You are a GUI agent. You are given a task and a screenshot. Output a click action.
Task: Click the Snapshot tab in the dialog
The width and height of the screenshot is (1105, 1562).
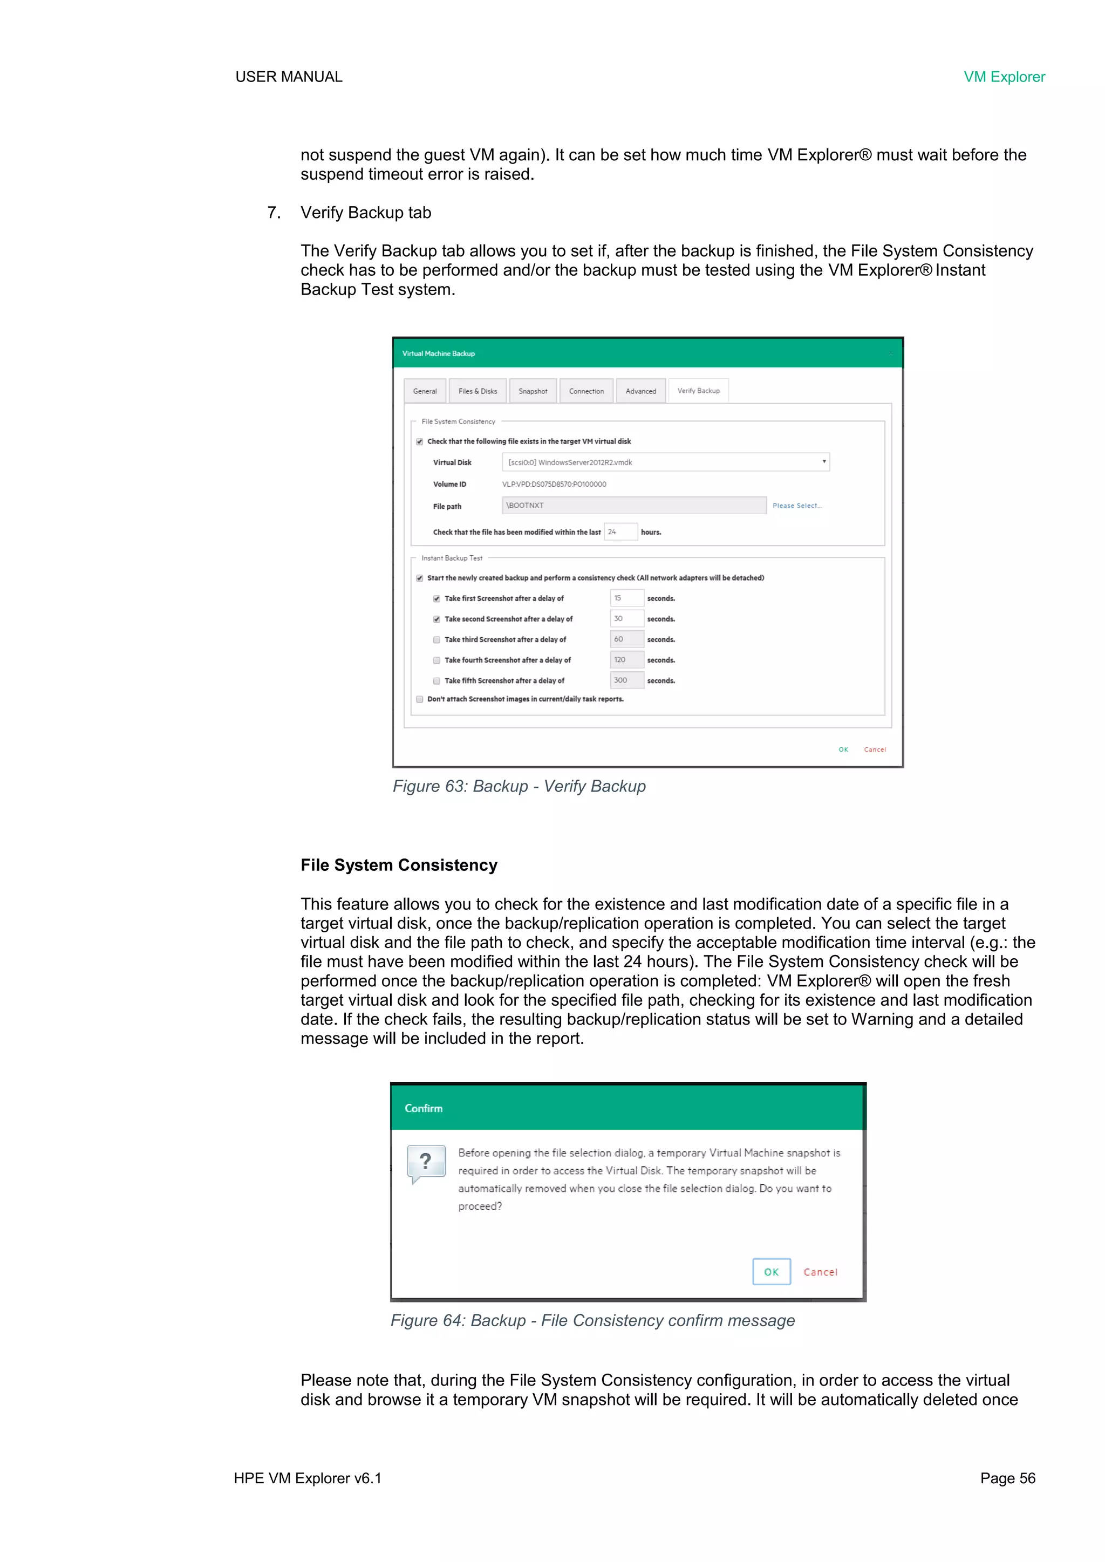[533, 391]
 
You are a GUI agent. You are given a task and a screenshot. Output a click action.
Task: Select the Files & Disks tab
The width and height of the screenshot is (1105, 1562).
[478, 391]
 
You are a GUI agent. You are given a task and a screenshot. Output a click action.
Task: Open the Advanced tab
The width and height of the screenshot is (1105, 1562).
[641, 391]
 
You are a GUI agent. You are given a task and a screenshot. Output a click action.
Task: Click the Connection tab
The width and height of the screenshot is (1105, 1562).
[586, 391]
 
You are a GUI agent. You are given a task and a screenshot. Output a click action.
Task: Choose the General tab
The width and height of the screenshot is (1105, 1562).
[425, 391]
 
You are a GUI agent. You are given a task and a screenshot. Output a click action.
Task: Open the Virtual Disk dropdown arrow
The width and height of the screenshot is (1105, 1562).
[824, 462]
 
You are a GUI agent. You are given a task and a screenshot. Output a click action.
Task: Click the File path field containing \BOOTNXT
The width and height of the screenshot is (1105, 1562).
[633, 506]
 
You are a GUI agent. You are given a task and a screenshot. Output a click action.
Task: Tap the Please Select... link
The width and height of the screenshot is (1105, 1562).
[797, 506]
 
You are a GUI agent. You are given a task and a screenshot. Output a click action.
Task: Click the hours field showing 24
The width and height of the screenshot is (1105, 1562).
[620, 532]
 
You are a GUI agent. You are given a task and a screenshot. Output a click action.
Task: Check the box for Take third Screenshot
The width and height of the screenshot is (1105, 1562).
[437, 639]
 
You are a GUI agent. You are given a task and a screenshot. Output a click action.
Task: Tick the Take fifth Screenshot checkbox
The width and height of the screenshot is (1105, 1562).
[437, 681]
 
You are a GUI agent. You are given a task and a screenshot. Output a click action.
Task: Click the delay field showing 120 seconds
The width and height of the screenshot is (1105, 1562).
[626, 660]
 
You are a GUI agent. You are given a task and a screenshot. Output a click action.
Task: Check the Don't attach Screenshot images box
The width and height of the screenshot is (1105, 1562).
[420, 699]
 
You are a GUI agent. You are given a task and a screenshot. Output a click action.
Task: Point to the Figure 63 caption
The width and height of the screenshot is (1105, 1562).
[519, 787]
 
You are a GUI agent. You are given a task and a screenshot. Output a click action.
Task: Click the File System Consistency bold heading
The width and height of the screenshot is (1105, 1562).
[399, 865]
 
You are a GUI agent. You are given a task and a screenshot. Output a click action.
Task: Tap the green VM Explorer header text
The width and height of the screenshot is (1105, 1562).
[1004, 77]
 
